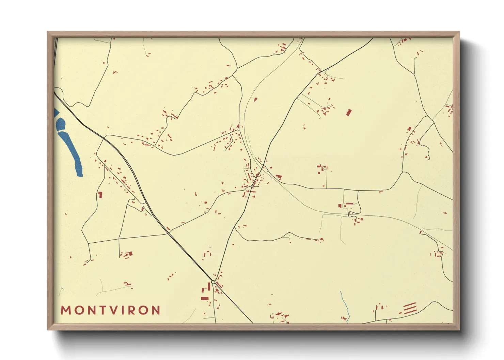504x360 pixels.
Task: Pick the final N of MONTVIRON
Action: point(156,310)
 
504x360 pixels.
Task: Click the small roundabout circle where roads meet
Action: point(213,282)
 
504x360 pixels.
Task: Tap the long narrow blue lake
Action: point(72,153)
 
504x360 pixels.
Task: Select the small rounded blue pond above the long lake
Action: point(61,124)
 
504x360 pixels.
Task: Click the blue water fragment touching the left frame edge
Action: point(56,113)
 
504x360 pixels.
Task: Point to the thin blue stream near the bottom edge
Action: point(345,305)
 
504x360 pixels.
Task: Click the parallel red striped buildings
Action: point(410,308)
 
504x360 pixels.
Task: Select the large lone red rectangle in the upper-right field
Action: point(348,112)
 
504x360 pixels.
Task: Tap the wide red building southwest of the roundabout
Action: point(205,298)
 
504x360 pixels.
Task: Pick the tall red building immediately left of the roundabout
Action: point(209,287)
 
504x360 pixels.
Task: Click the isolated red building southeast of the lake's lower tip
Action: point(100,195)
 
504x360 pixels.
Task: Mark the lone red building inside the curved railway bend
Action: point(255,99)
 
